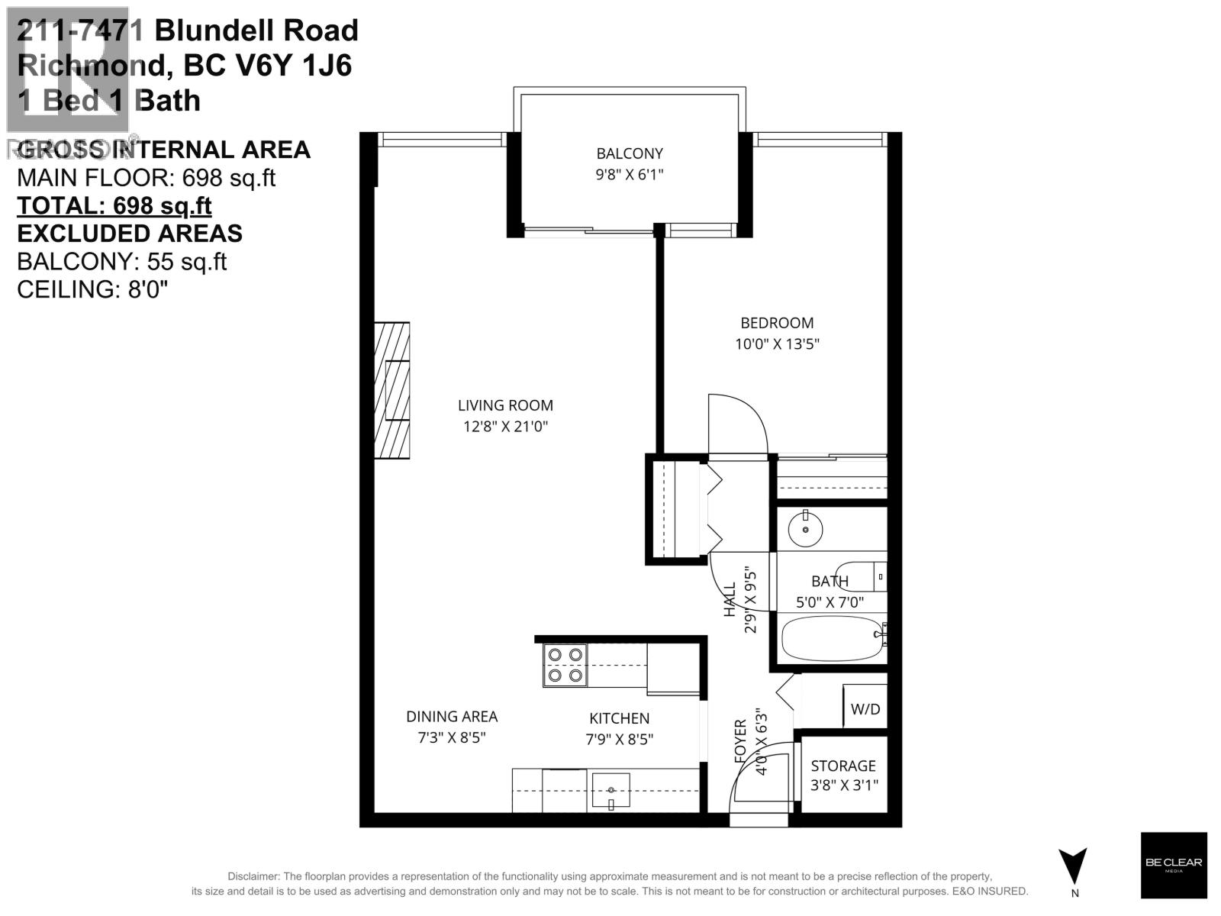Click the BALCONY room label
630,153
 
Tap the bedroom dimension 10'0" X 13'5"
777,343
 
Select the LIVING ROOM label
505,405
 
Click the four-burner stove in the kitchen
565,665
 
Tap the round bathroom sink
805,528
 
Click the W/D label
865,709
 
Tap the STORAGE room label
842,766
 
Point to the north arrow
1074,866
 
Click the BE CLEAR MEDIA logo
1174,864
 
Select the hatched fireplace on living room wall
392,390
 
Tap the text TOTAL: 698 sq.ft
114,205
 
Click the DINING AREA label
452,716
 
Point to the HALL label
730,599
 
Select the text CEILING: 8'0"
92,289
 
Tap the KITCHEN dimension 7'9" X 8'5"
619,739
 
